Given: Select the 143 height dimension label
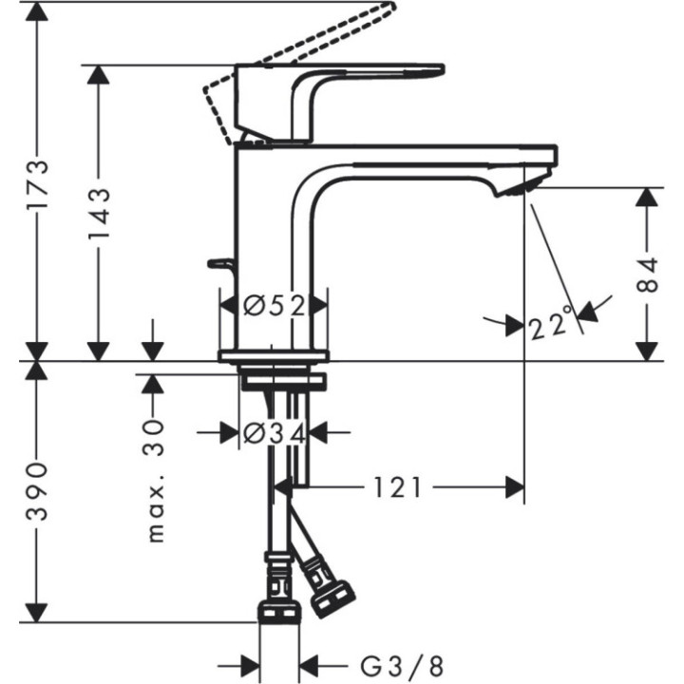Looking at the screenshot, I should (x=99, y=216).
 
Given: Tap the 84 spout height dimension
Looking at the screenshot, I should (x=647, y=275).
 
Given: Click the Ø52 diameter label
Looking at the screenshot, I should (x=274, y=306).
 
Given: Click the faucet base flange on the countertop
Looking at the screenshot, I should (x=274, y=356).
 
